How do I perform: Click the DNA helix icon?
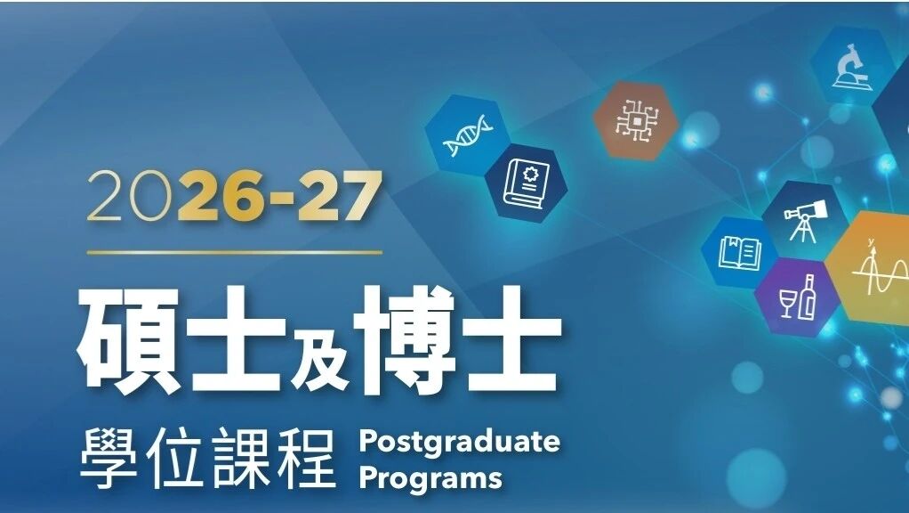pos(467,135)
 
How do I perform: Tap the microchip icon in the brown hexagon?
pos(636,121)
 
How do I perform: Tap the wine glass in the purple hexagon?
pos(788,303)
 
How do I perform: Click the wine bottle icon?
pos(808,297)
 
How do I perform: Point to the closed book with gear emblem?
pos(527,183)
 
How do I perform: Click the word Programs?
pos(430,478)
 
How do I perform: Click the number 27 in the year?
pos(340,196)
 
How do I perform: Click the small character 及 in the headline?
pos(320,355)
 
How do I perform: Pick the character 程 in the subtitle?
pos(307,459)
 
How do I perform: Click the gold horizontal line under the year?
pos(234,252)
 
